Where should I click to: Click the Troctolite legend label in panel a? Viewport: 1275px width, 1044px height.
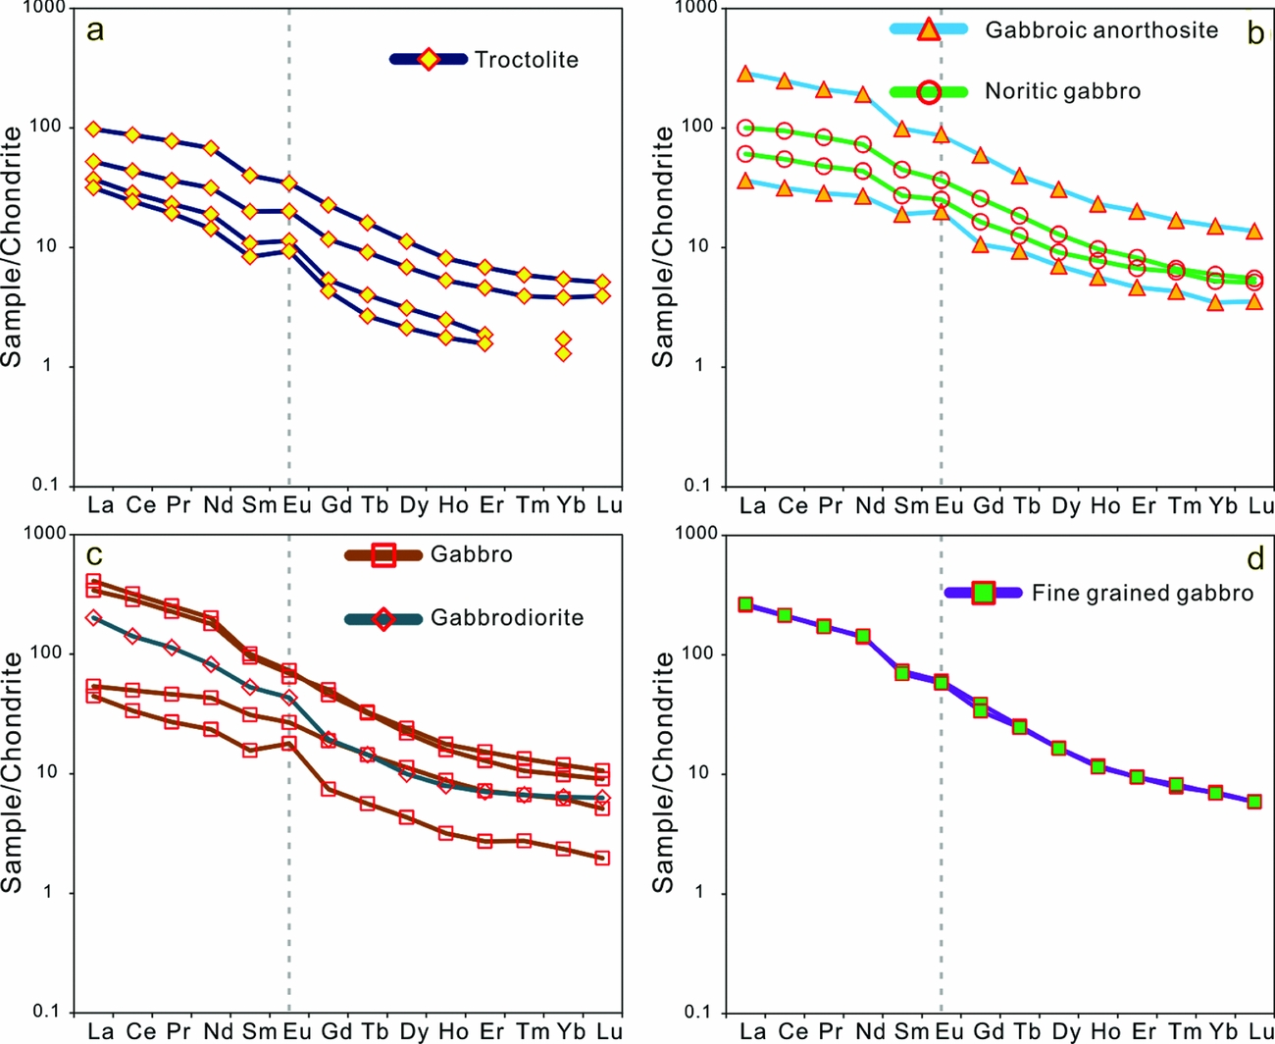[526, 60]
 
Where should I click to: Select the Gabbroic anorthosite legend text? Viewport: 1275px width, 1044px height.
[1101, 29]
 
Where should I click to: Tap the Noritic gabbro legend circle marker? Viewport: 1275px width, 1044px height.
[929, 92]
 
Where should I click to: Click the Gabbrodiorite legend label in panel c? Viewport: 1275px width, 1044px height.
[506, 618]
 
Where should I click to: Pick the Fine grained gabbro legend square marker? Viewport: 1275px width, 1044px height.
[983, 593]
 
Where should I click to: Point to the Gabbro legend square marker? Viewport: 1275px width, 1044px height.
[382, 555]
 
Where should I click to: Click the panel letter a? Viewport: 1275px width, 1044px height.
[94, 30]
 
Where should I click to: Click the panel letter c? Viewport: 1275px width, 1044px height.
[94, 556]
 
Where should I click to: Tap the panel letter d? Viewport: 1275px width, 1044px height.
[1255, 559]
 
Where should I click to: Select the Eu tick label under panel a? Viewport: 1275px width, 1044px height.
[296, 505]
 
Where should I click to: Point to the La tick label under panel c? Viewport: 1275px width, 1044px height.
[100, 1031]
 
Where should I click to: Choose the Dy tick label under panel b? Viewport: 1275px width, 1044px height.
[1065, 505]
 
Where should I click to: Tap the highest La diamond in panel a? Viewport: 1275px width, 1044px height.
[94, 130]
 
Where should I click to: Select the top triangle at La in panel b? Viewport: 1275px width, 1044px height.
[745, 75]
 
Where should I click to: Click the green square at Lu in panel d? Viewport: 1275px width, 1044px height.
[1254, 802]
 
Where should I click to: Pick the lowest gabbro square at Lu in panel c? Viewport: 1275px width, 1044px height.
[602, 858]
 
